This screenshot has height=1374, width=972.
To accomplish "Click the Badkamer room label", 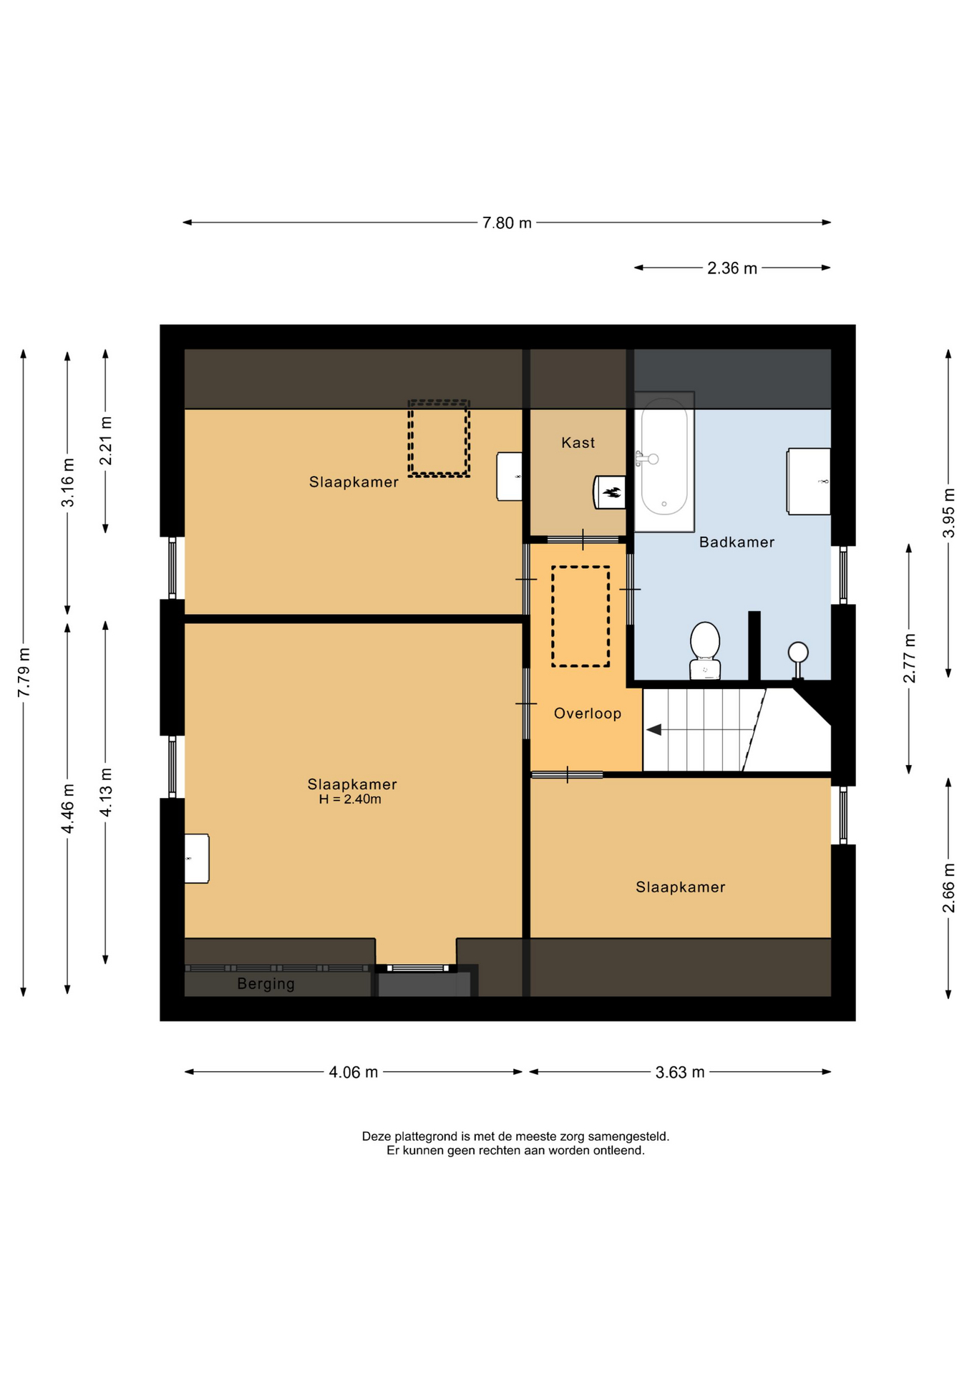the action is point(737,542).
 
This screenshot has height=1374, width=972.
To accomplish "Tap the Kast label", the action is point(578,443).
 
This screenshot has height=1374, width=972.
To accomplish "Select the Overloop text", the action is point(588,713).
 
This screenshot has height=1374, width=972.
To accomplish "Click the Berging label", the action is point(266,984).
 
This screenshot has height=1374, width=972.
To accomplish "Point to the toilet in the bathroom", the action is point(705,650).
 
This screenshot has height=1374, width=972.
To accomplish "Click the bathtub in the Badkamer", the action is point(664,462).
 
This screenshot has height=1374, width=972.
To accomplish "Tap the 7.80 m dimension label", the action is point(507,223).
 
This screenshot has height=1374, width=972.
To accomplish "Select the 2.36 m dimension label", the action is point(732,268).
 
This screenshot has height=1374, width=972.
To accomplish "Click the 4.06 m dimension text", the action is point(354,1072).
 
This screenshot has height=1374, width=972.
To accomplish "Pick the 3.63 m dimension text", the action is point(680,1072).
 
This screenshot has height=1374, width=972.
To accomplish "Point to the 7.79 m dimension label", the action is point(24,672).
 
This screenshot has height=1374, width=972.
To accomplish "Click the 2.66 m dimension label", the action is point(948,888).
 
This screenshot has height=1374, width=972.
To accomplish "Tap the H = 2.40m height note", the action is point(350,799).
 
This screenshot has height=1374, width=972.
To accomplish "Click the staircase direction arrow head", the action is point(653,730).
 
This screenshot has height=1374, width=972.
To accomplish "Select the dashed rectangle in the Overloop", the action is point(580,616).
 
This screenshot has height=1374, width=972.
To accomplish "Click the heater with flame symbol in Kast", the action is point(610,492).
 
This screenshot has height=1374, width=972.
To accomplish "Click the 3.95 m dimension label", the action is point(948,513).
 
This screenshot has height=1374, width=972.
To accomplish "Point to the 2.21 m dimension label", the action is point(106,441).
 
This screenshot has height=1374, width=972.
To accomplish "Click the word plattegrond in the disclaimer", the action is point(429,1136).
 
